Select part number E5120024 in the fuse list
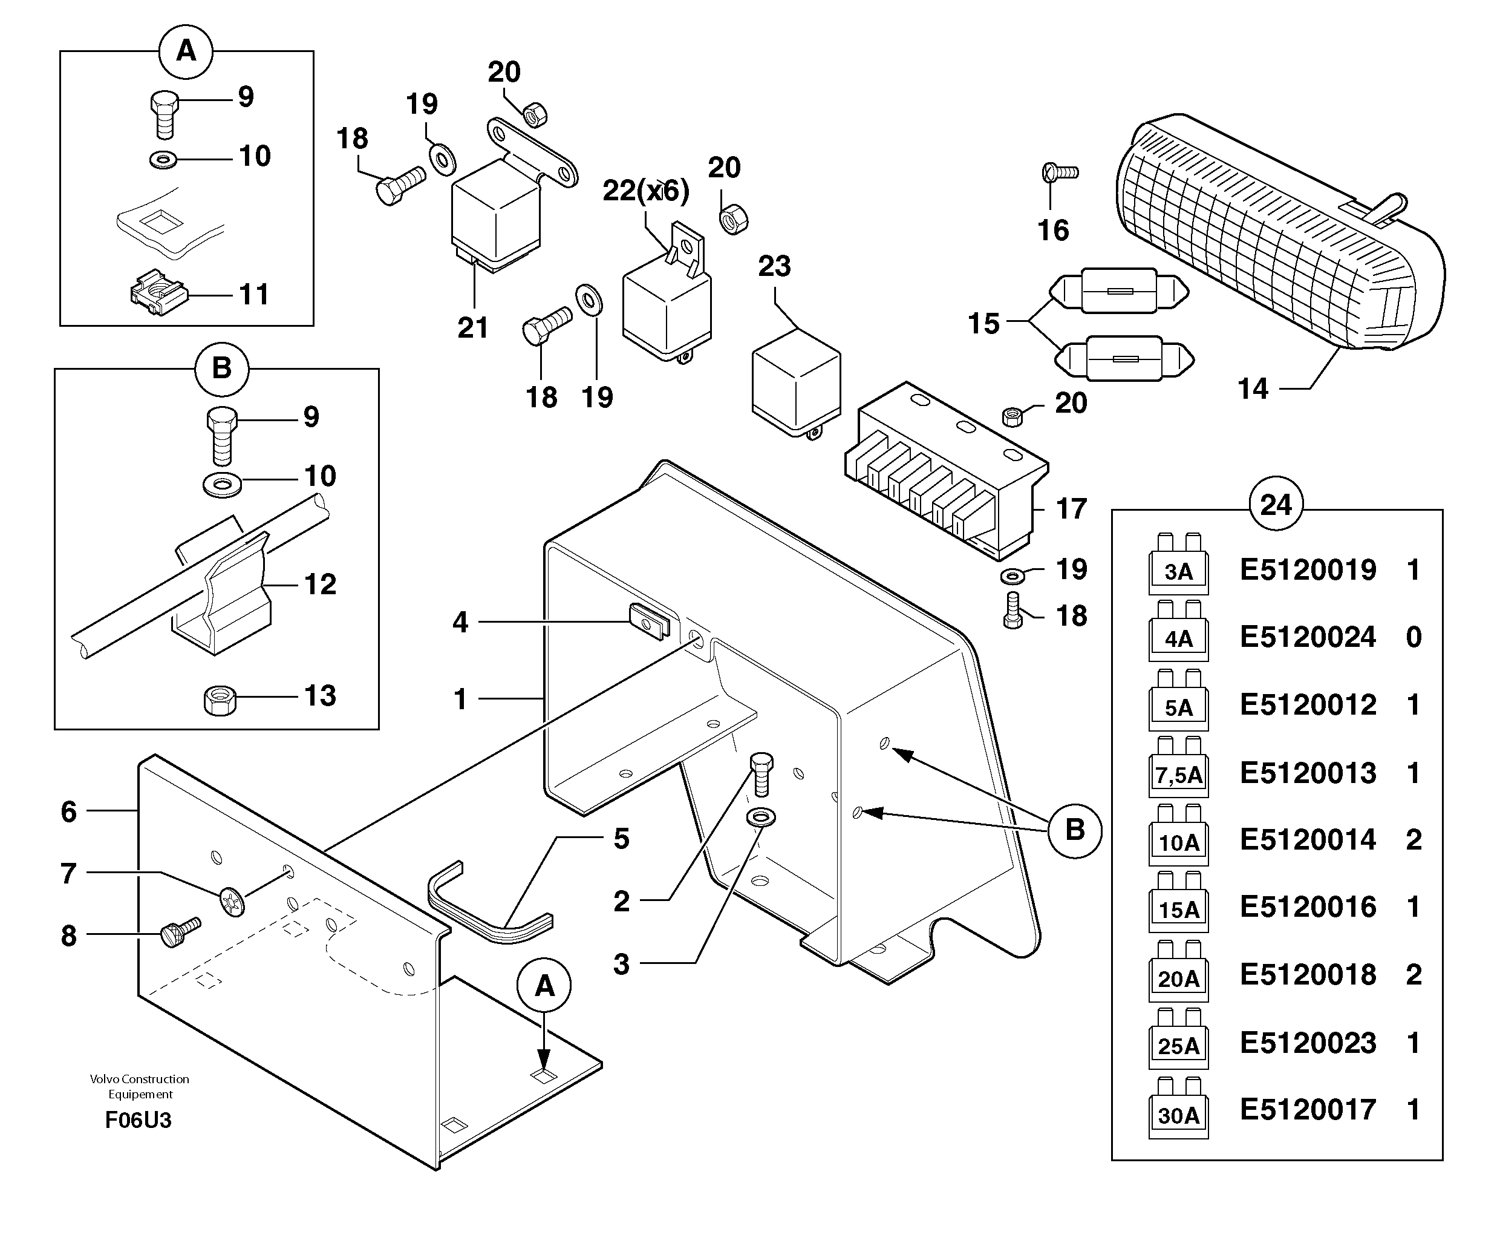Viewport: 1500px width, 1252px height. pyautogui.click(x=1307, y=637)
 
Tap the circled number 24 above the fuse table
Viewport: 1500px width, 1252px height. pyautogui.click(x=1276, y=505)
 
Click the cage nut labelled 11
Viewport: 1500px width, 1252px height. pyautogui.click(x=158, y=292)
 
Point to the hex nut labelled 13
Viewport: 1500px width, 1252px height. pyautogui.click(x=220, y=700)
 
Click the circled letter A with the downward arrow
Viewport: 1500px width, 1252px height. pyautogui.click(x=544, y=986)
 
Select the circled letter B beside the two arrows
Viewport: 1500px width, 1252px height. pyautogui.click(x=1075, y=830)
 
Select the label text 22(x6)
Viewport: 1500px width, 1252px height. pyautogui.click(x=646, y=190)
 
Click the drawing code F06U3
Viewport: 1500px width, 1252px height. pyautogui.click(x=138, y=1120)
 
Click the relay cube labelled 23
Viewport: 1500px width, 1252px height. pyautogui.click(x=797, y=383)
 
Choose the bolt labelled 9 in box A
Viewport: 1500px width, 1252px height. pyautogui.click(x=165, y=114)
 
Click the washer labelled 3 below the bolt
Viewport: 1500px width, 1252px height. pyautogui.click(x=761, y=817)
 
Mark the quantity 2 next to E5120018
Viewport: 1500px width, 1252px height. pyautogui.click(x=1414, y=975)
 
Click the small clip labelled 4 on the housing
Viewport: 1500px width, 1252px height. pyautogui.click(x=648, y=621)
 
